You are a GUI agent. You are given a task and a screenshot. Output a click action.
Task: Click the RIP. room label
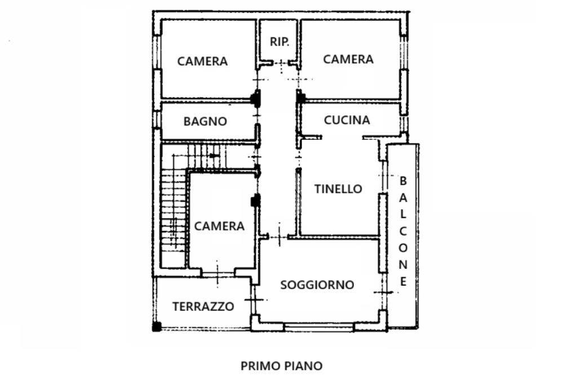click(279, 41)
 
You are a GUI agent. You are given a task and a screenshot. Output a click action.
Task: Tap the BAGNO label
click(205, 121)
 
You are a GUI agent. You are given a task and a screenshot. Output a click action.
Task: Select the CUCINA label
click(347, 120)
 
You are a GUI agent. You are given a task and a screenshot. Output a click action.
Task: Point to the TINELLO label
click(338, 189)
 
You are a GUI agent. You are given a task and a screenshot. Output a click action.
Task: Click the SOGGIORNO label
click(317, 285)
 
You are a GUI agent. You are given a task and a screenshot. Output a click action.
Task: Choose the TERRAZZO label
click(203, 307)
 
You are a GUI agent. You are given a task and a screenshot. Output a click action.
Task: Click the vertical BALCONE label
click(403, 231)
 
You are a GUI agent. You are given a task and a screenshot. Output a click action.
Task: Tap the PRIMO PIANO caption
click(282, 366)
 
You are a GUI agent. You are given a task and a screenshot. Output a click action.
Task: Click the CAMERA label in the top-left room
click(202, 61)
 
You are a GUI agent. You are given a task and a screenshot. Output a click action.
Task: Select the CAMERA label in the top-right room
click(348, 59)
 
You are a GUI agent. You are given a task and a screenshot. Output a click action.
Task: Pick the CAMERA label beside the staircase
click(219, 226)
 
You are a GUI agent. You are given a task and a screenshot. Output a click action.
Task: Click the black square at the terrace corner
click(157, 326)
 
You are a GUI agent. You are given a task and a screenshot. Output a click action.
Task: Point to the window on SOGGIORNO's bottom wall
click(319, 326)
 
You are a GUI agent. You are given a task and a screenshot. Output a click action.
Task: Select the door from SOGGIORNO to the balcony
click(383, 292)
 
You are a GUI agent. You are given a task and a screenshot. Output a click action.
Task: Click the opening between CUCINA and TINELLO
click(342, 137)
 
